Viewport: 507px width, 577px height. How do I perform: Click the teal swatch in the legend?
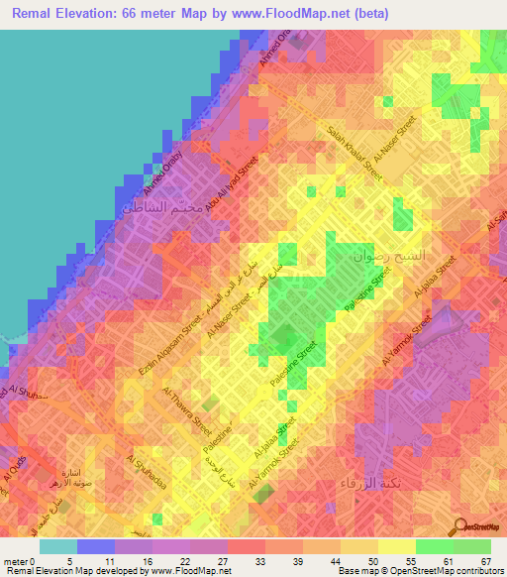(58, 546)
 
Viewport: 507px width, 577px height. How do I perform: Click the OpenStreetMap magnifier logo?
(460, 525)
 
